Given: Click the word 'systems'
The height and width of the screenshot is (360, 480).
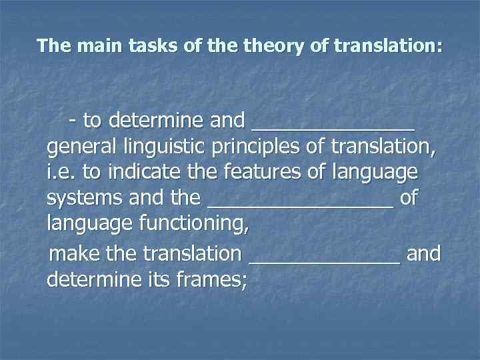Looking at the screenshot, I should point(83,198).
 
